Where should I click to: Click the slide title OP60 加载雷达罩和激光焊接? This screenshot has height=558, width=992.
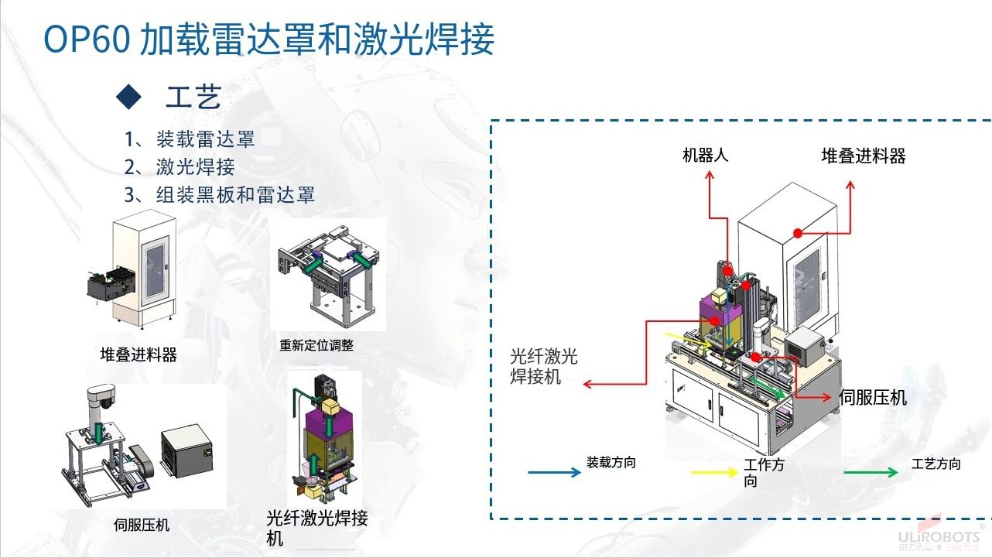pyautogui.click(x=268, y=39)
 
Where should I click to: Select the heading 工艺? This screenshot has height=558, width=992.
pyautogui.click(x=193, y=98)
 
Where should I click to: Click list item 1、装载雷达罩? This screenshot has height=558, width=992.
pyautogui.click(x=190, y=139)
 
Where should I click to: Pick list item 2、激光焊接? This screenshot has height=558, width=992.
pyautogui.click(x=180, y=166)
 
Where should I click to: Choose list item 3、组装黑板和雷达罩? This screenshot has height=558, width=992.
pyautogui.click(x=220, y=193)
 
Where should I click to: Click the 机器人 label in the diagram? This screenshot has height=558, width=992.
pyautogui.click(x=705, y=155)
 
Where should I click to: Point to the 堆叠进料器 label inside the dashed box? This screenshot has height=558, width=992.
pyautogui.click(x=863, y=156)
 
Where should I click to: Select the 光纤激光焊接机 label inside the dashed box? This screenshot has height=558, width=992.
pyautogui.click(x=543, y=366)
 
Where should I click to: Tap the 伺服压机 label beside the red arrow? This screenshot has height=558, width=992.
pyautogui.click(x=873, y=398)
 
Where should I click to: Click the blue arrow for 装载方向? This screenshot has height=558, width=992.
pyautogui.click(x=553, y=471)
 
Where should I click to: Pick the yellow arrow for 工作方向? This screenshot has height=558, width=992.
pyautogui.click(x=713, y=471)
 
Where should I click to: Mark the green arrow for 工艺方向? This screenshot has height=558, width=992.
pyautogui.click(x=871, y=471)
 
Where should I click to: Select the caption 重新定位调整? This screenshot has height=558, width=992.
pyautogui.click(x=316, y=345)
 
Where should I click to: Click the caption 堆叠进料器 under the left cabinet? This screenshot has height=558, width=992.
pyautogui.click(x=139, y=354)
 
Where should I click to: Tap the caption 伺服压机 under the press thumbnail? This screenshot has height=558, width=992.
pyautogui.click(x=141, y=525)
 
